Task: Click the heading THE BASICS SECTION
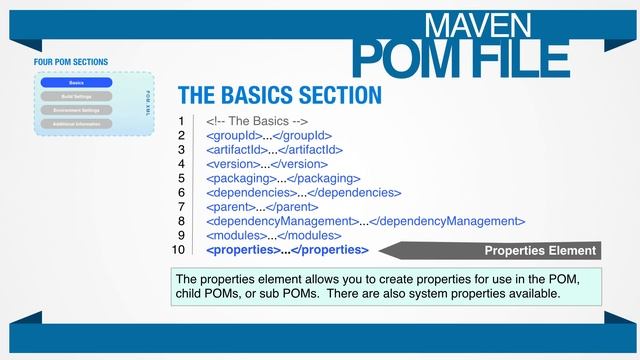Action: (279, 95)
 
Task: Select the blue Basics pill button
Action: (76, 83)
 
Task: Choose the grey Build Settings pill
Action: (76, 96)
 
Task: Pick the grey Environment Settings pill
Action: (76, 110)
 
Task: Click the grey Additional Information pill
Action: (76, 124)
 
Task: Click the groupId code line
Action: (268, 135)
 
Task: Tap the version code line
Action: (267, 163)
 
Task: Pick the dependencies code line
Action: (303, 192)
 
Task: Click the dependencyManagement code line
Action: (365, 221)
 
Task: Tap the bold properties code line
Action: (287, 250)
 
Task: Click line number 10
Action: (179, 250)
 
